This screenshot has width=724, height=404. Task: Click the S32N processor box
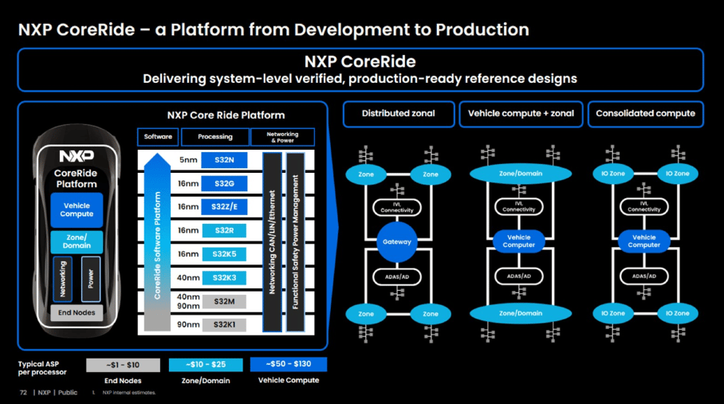(x=224, y=160)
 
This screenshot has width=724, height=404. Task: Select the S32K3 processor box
(x=224, y=277)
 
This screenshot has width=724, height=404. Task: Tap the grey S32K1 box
(x=224, y=324)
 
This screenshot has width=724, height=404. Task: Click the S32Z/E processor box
(x=224, y=207)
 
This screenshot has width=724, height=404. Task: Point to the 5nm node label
(x=188, y=160)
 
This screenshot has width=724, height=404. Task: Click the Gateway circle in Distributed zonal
(x=398, y=241)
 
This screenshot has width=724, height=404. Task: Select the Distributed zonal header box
(x=399, y=114)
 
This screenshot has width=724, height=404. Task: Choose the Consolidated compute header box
(x=645, y=114)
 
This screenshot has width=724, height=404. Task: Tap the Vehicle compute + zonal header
(x=521, y=114)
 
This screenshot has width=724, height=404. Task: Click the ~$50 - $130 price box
(x=289, y=364)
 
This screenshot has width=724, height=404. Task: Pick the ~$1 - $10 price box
(x=122, y=364)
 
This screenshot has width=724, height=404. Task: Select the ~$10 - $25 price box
(x=205, y=364)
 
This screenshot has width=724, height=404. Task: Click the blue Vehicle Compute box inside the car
(x=77, y=210)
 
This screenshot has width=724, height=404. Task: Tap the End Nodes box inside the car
(x=77, y=312)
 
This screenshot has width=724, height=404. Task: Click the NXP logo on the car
(x=77, y=156)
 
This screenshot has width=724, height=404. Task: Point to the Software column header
(x=158, y=137)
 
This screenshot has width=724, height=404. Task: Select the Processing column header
(x=215, y=137)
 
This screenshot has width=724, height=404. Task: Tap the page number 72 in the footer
(x=23, y=392)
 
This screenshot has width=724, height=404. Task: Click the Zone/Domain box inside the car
(x=77, y=241)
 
